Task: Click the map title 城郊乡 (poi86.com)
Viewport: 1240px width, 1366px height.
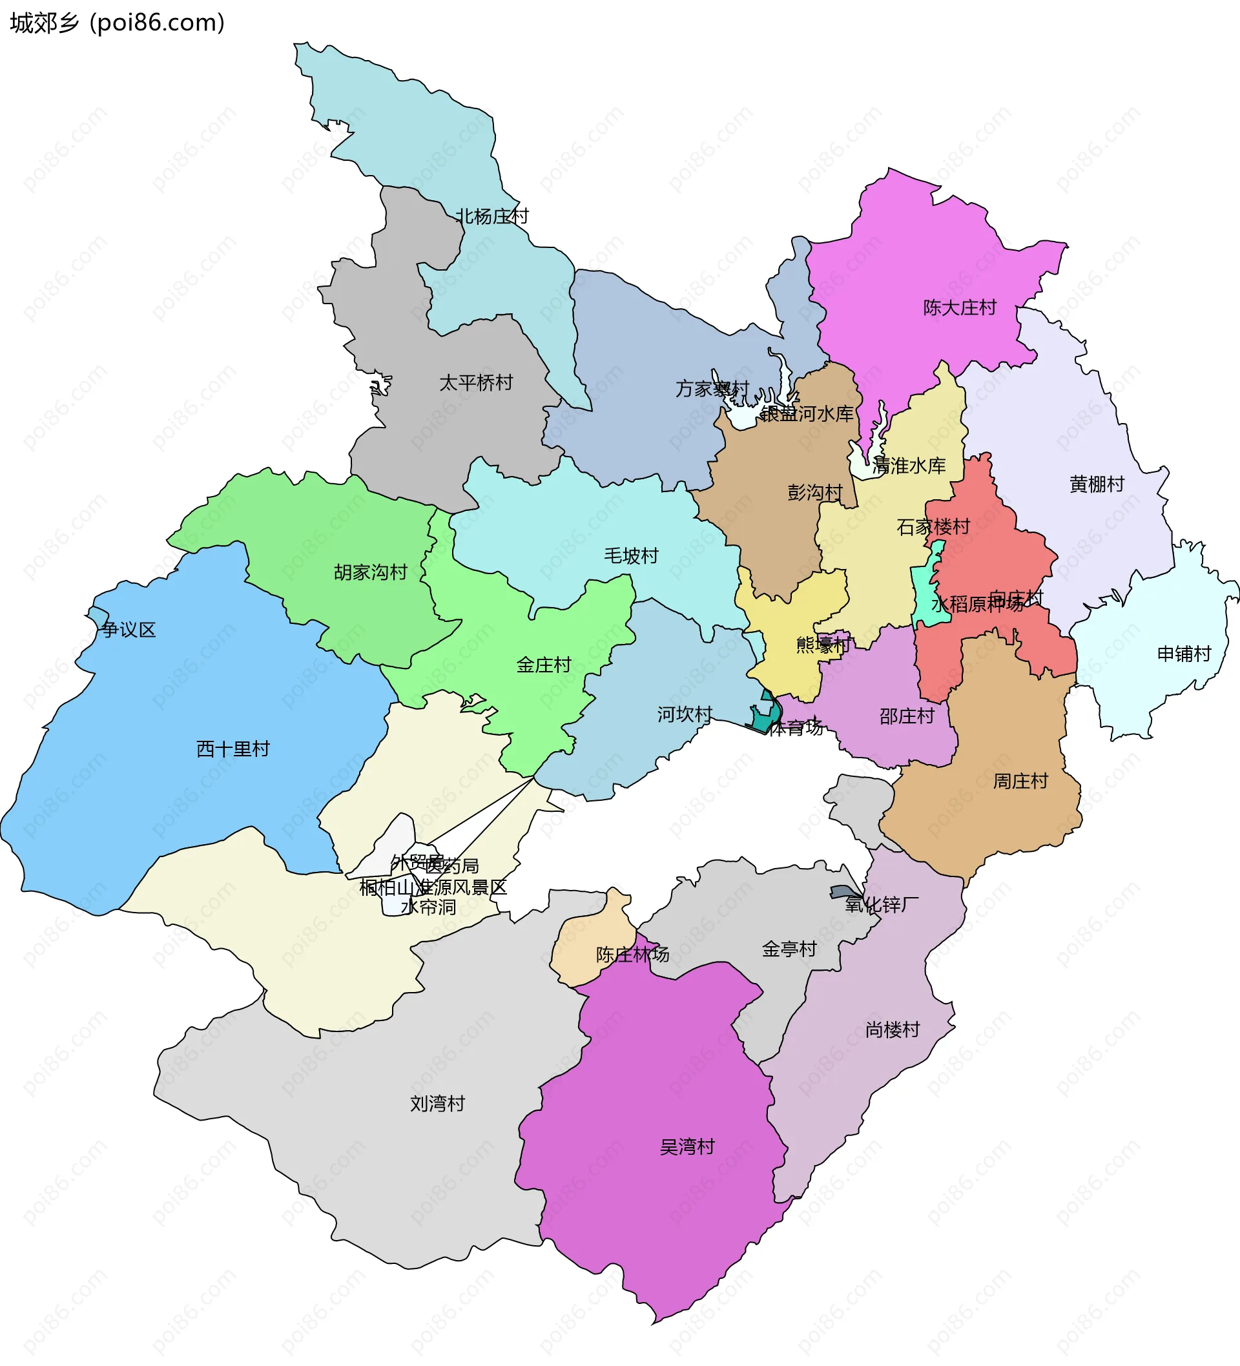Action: tap(116, 23)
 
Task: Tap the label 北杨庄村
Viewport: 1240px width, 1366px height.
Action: tap(491, 216)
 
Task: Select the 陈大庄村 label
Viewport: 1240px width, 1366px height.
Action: tap(960, 307)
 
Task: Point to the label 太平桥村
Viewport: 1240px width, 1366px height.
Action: tap(476, 383)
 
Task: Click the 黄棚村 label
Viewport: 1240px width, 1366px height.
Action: tap(1097, 484)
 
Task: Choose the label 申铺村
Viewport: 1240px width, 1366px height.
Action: tap(1184, 654)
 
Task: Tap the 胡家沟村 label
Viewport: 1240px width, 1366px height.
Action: tap(370, 572)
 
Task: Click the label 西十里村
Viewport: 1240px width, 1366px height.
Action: tap(232, 749)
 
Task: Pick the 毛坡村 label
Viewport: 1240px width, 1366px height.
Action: tap(631, 555)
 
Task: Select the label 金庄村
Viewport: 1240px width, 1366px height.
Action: tap(543, 665)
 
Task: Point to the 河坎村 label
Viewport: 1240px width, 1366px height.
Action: tap(685, 714)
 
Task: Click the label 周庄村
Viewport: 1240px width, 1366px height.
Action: tap(1020, 781)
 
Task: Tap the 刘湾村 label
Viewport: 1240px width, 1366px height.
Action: tap(437, 1104)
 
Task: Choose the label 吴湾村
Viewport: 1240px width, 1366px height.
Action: tap(687, 1147)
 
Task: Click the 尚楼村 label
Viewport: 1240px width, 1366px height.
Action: tap(893, 1030)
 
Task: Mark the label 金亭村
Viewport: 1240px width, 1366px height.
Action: tap(789, 949)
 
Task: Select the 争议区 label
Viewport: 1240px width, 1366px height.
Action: tap(129, 630)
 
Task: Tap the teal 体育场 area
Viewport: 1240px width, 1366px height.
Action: tap(767, 717)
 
